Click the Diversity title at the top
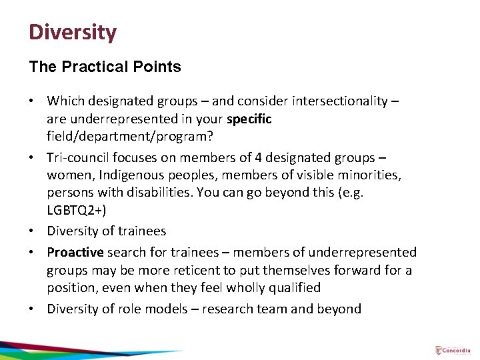(x=72, y=32)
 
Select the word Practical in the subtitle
(x=101, y=67)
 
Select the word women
(x=66, y=175)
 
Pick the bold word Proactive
(x=75, y=252)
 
